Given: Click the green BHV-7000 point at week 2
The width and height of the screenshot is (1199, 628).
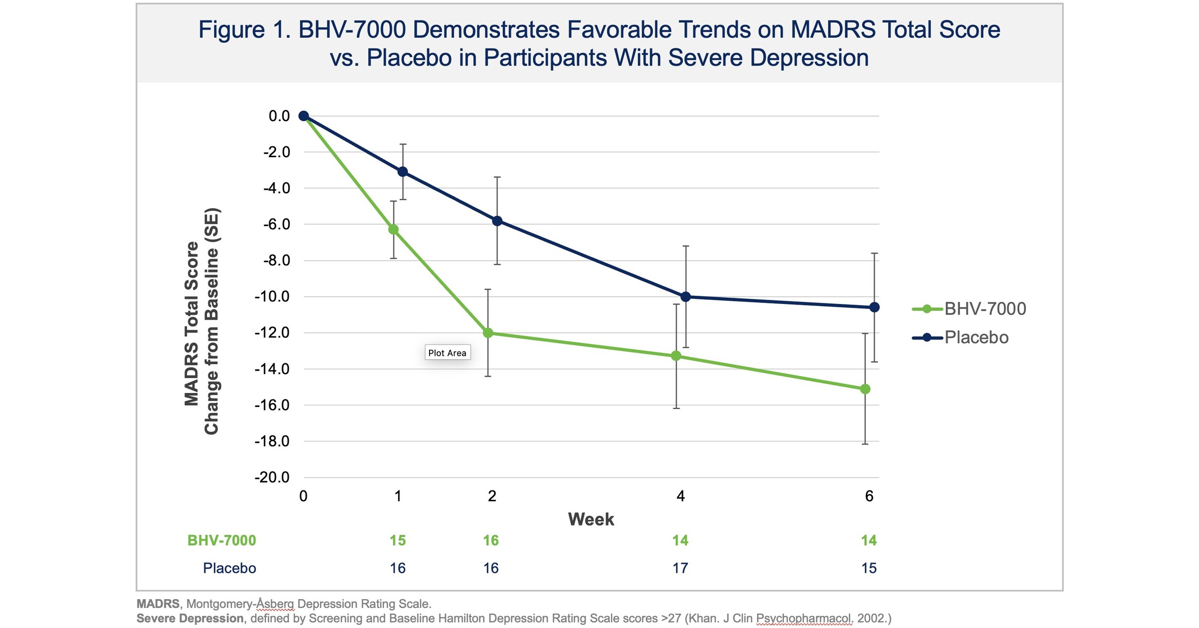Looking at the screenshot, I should coord(488,333).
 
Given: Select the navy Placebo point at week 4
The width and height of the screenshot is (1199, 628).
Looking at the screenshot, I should coord(686,297).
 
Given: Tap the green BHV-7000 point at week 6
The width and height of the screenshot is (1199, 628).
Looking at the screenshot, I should coord(865,389).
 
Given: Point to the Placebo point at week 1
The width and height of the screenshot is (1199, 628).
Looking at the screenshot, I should coord(403,172).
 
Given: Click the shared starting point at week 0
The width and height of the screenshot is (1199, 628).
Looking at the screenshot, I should coord(304,116).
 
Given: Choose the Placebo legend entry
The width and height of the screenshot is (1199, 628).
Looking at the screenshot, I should coord(961,337).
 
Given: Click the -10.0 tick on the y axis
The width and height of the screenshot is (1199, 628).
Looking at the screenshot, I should coord(272,297).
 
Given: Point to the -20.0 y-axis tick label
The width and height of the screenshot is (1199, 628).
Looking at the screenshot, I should coord(272,477).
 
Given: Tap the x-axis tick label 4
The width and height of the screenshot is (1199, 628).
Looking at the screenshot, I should coord(680,496).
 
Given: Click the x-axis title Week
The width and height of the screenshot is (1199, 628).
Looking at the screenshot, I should coord(591,519).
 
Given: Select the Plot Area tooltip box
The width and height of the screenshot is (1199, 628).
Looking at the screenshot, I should coord(447,353).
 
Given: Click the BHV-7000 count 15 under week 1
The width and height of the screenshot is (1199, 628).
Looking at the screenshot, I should coord(398,540).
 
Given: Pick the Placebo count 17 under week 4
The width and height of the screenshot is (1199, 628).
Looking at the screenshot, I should coord(680,568).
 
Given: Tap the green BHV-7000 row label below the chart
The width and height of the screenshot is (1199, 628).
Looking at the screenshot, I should coord(221,540).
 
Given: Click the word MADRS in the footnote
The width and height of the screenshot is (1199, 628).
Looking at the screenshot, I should coord(158,604).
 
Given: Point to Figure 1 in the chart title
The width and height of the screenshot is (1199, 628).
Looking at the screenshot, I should coord(245,30).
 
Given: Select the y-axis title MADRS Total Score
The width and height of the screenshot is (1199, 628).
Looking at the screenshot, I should coord(192,324).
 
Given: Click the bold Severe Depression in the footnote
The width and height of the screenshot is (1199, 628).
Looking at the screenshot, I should coord(190,618).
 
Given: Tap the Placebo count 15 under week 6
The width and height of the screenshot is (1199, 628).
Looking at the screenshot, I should coord(869,568).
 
